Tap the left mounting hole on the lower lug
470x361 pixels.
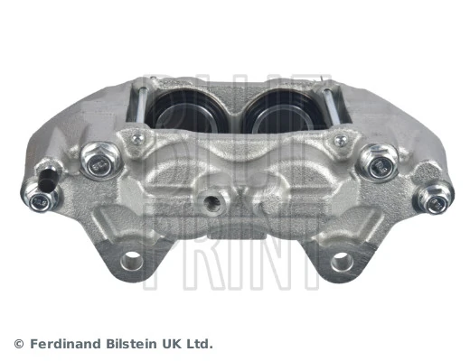click(x=132, y=262)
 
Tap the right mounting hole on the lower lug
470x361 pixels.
click(x=342, y=262)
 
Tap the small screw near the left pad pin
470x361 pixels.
click(x=137, y=139)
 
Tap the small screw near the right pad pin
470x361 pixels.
click(x=340, y=140)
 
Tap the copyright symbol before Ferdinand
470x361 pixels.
click(x=18, y=344)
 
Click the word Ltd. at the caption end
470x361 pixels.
click(x=199, y=344)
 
